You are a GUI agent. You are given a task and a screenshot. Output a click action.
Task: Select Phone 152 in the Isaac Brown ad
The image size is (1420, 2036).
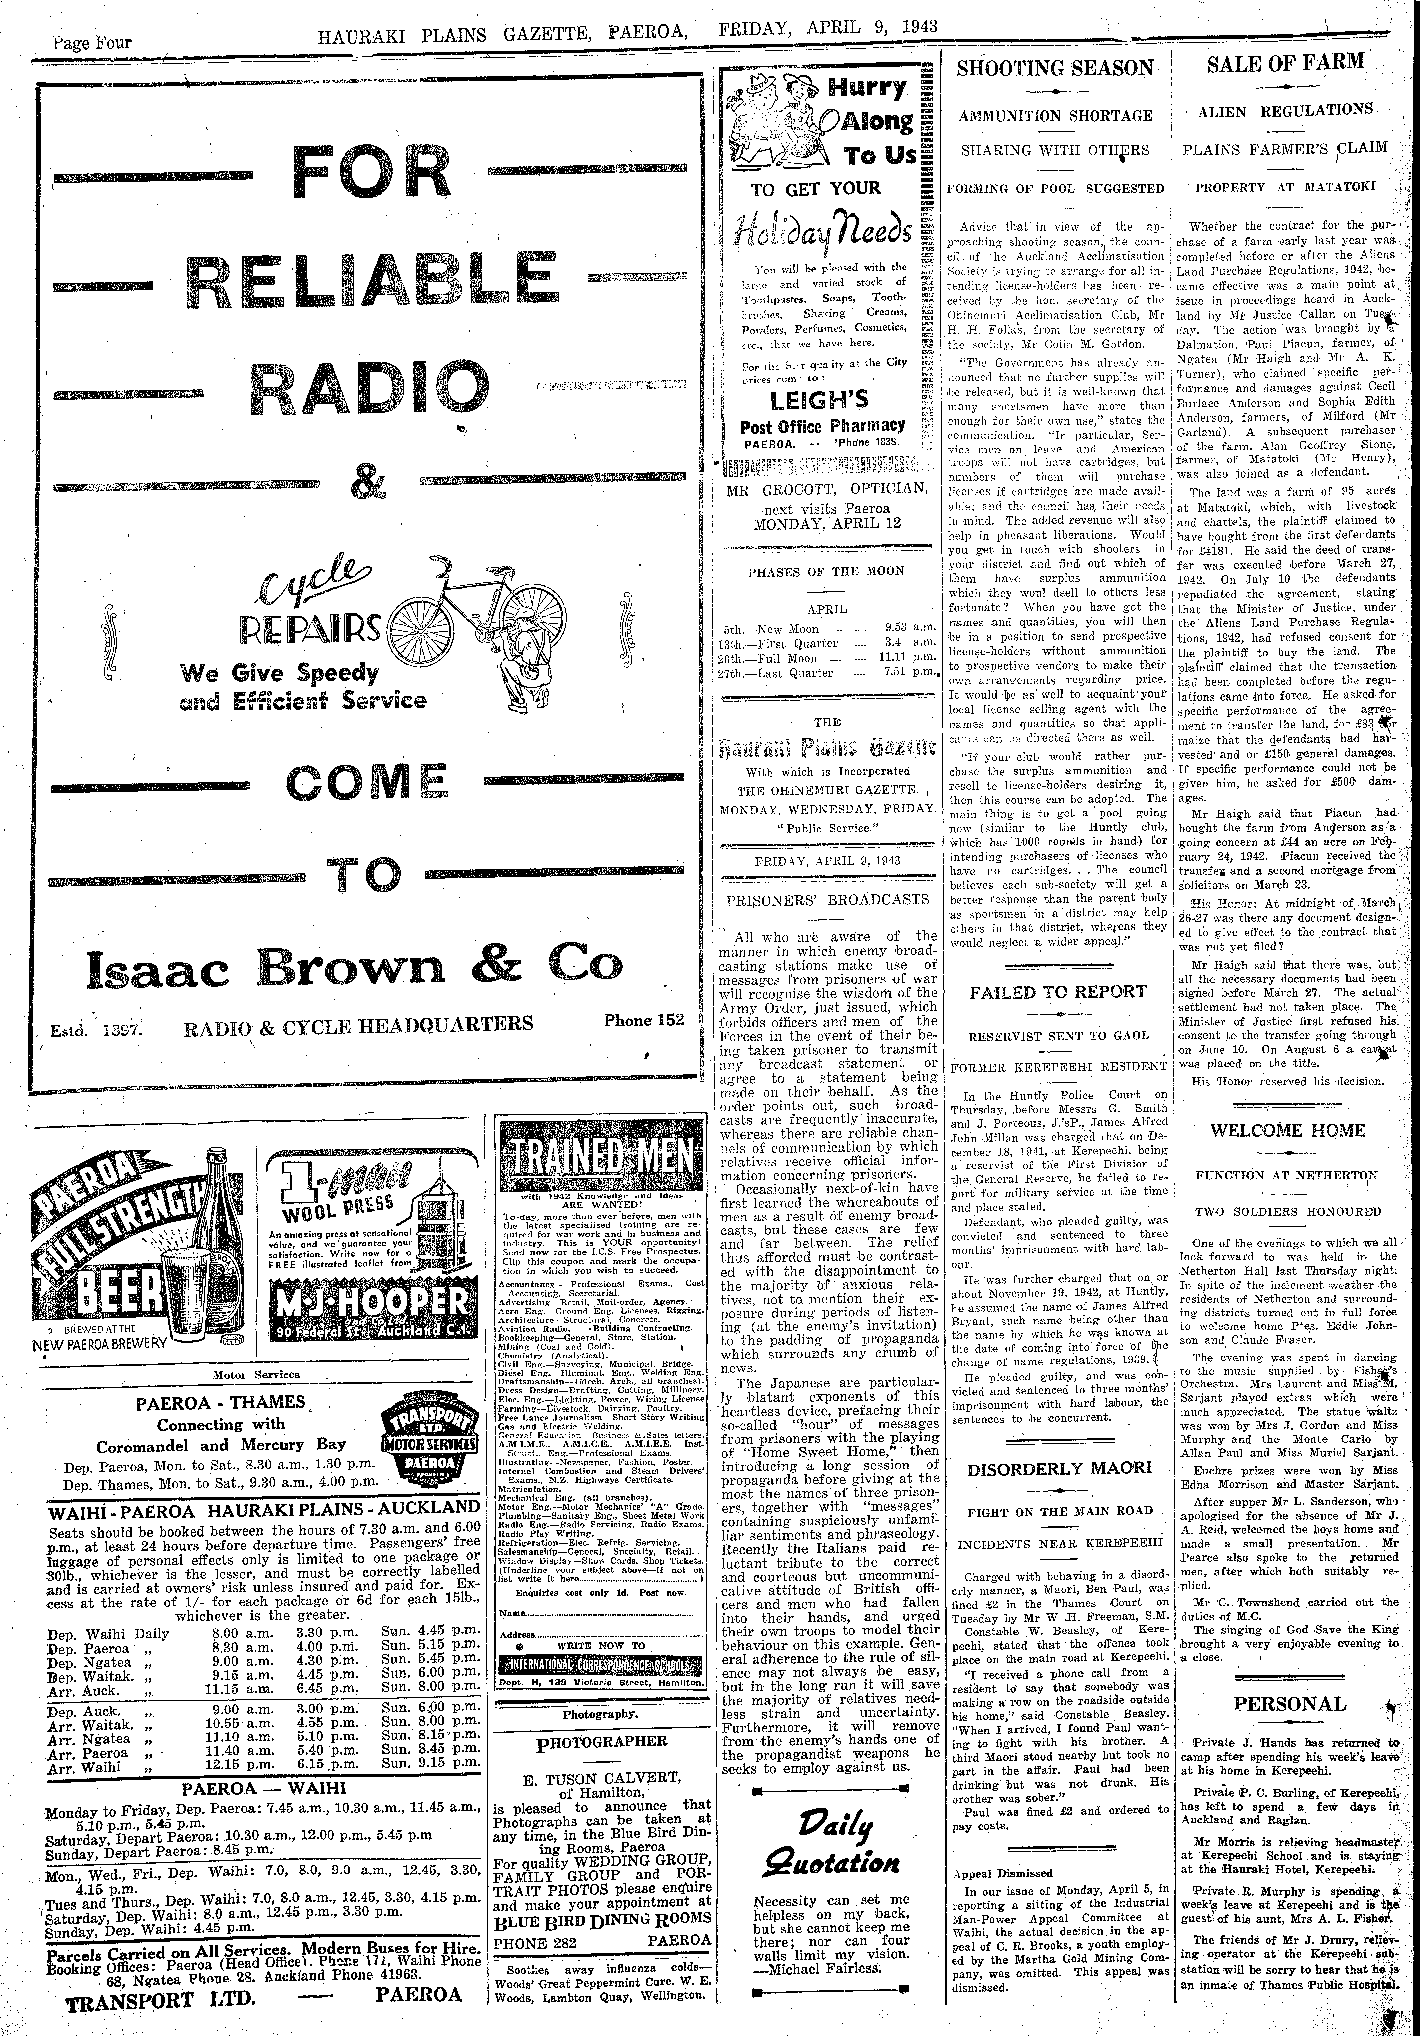pos(644,1020)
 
